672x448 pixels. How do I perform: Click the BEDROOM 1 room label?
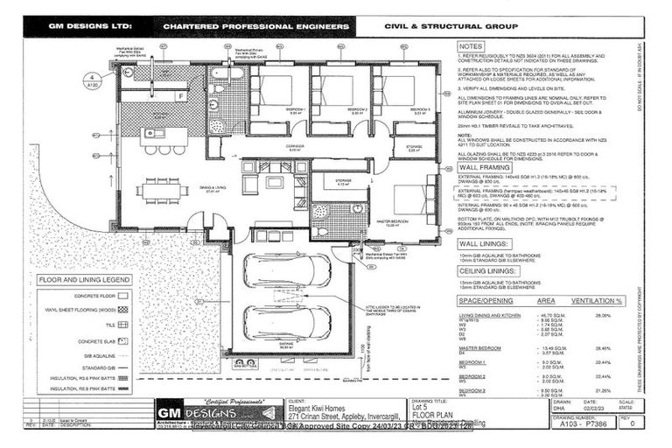coord(295,110)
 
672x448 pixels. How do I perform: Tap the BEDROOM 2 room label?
coord(356,110)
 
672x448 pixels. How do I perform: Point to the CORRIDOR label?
coord(295,148)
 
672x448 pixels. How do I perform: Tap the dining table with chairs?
coord(162,189)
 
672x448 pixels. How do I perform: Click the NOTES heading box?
coord(471,46)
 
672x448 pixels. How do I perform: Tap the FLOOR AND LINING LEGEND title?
coord(84,281)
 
